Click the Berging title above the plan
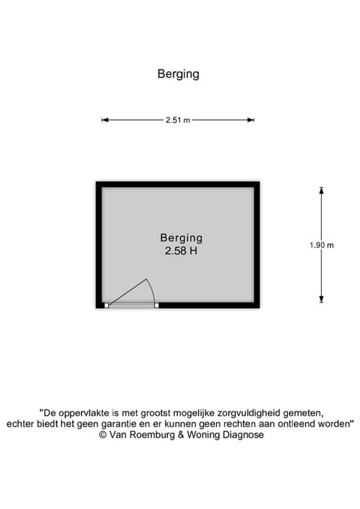tap(178, 74)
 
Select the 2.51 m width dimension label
tap(178, 120)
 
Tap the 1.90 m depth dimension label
tap(322, 245)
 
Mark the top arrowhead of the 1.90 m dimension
tap(321, 190)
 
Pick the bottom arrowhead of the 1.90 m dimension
tap(321, 299)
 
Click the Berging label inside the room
tap(181, 238)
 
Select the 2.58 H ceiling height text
tap(181, 251)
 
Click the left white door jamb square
tap(106, 305)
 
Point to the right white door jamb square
tap(156, 305)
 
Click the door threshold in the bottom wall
tap(131, 305)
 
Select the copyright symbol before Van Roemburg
tap(103, 435)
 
